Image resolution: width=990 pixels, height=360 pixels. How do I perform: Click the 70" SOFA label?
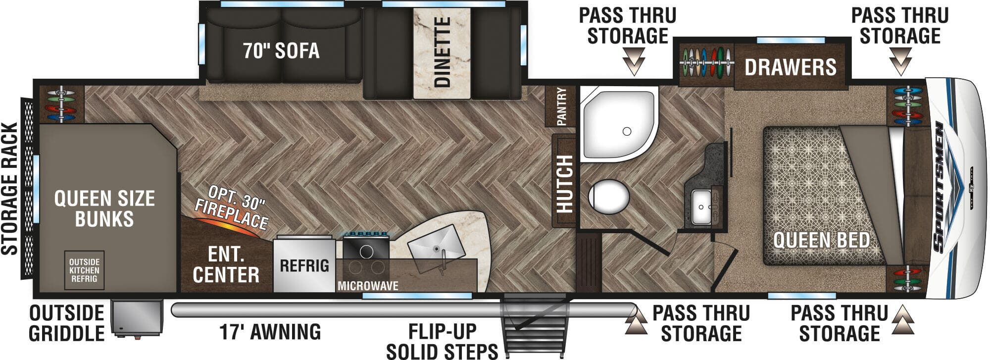281,51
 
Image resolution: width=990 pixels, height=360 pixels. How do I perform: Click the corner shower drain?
627,131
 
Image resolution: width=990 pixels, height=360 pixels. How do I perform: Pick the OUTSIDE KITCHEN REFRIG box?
84,270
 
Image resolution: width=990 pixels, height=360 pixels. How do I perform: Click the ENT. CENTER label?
226,265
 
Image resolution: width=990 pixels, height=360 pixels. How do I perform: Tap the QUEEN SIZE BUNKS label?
104,208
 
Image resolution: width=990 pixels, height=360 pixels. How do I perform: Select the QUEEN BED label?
822,240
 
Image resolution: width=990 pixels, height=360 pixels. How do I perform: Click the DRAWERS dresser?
791,66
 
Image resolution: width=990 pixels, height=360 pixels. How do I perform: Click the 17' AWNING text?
270,332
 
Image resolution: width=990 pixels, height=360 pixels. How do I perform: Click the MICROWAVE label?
368,286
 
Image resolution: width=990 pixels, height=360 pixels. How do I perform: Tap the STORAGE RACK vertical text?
10,189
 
